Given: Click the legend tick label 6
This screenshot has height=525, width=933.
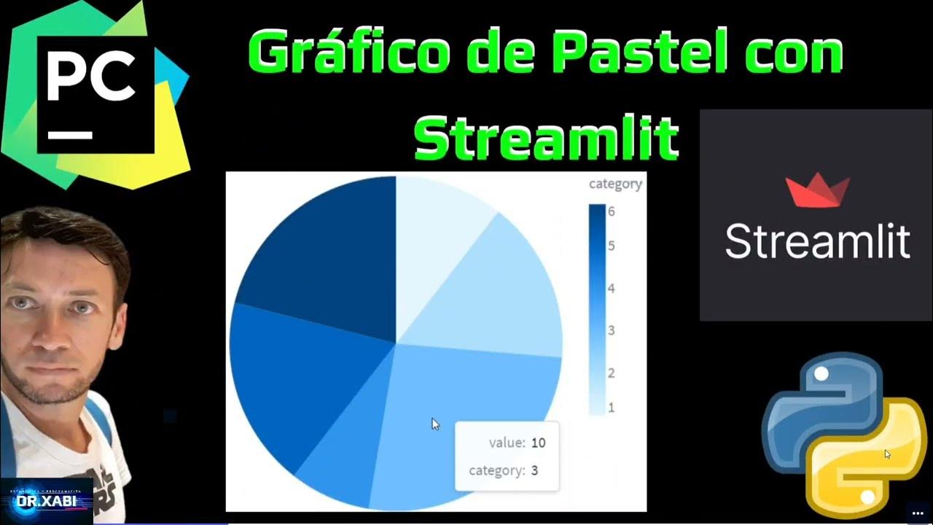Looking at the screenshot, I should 611,211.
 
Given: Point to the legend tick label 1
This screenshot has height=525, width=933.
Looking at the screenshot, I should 611,408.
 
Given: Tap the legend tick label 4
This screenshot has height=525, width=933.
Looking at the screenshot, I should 611,289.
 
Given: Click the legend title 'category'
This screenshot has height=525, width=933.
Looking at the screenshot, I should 615,184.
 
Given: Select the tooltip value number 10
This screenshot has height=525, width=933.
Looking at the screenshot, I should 538,443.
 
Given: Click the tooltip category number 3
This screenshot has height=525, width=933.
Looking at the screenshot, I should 534,470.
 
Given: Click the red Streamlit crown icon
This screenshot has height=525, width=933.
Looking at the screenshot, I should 817,190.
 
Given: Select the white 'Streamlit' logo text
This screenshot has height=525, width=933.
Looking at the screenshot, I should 817,241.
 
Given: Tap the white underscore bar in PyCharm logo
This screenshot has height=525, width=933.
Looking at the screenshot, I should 70,135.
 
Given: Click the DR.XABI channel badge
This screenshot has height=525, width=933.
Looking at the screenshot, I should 47,501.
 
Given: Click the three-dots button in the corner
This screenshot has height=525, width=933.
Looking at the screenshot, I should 917,513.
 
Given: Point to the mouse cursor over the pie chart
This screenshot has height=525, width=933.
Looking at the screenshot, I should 435,424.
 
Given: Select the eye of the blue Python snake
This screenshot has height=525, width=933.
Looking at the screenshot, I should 821,373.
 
